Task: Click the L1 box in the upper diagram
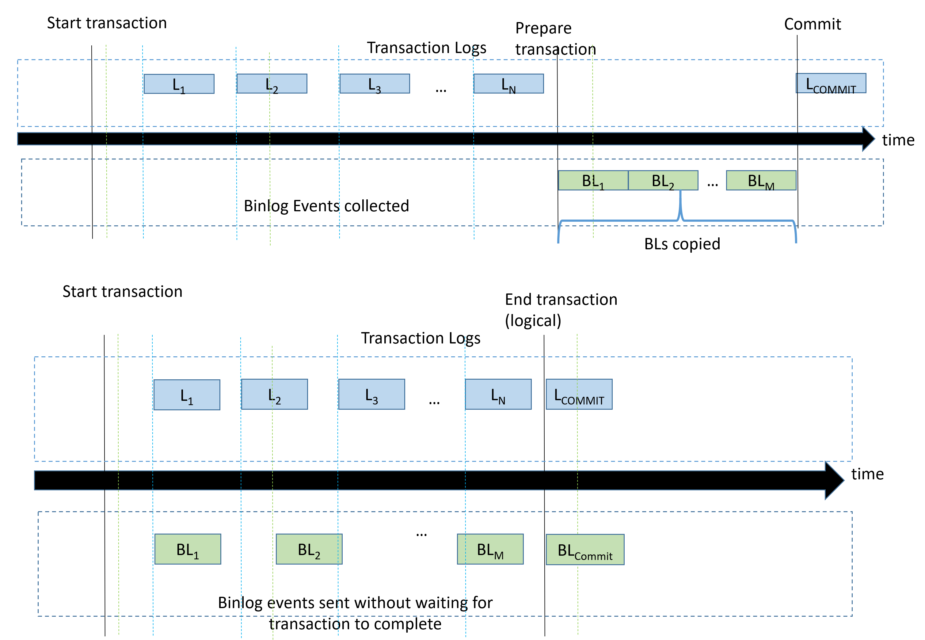[179, 84]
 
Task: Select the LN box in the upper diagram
[508, 83]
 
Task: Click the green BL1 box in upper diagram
[593, 180]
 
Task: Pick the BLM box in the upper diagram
[761, 180]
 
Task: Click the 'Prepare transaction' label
[555, 39]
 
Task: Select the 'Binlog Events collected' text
[326, 206]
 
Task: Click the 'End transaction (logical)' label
[561, 310]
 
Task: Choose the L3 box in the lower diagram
[371, 394]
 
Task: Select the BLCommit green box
[585, 549]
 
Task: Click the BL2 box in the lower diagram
[309, 549]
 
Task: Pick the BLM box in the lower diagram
[490, 549]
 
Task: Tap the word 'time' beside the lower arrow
[867, 474]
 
